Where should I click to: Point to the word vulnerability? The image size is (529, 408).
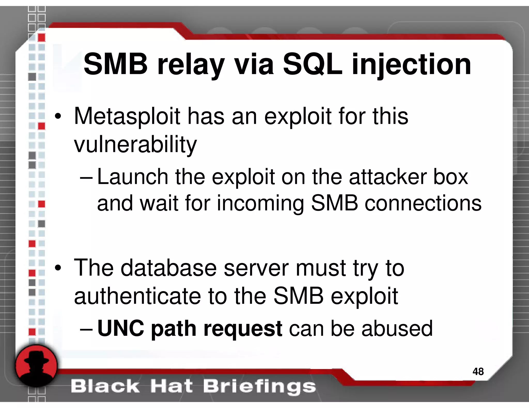tap(135, 145)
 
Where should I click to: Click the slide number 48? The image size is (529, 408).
tap(478, 372)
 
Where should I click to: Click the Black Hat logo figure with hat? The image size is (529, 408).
tap(36, 366)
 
